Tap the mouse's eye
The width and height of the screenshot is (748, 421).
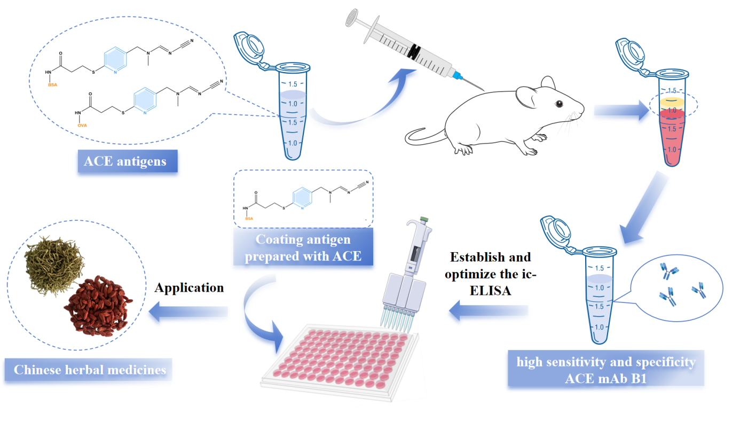coord(558,103)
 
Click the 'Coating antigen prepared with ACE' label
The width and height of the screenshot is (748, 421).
coord(303,248)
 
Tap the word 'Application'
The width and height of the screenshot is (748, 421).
coord(189,288)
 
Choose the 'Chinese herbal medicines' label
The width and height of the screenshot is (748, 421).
coord(90,369)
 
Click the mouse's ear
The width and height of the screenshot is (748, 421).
coord(546,82)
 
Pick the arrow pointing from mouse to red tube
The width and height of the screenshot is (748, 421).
coord(620,111)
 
